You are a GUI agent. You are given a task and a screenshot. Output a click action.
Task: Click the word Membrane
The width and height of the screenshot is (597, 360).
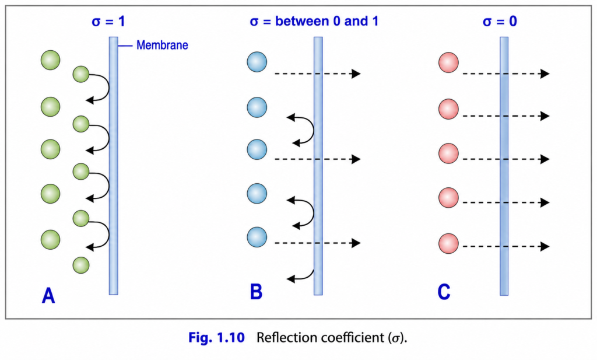point(162,45)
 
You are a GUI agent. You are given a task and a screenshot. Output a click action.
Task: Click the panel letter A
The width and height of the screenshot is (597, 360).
point(48,296)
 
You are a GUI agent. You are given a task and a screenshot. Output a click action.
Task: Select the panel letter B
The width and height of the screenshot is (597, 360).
point(256,292)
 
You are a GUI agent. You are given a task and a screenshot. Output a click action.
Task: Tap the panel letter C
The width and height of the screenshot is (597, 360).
point(444,292)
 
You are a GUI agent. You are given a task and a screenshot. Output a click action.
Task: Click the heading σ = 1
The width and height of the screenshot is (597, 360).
point(108,22)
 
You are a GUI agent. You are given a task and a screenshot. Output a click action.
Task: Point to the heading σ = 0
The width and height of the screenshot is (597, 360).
point(500,22)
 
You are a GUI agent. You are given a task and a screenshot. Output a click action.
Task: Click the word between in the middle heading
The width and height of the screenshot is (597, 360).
point(303,21)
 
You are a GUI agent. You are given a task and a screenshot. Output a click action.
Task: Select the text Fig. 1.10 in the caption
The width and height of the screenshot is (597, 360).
point(216,337)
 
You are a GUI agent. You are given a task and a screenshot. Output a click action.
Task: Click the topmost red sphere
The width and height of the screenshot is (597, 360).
point(448,62)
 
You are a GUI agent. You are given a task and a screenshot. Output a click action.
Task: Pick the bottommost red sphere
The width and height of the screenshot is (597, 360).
point(448,243)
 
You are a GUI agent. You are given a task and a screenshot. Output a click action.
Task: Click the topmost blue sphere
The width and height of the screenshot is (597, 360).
point(257,62)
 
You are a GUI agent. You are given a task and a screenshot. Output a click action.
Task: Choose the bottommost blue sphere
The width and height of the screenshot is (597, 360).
point(257,237)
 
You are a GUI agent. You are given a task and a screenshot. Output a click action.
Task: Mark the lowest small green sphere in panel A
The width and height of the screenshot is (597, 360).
point(80,265)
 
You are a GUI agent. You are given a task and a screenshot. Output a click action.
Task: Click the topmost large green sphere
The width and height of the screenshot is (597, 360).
point(51,60)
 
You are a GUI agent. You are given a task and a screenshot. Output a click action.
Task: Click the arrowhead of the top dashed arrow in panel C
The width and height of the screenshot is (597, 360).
point(545,74)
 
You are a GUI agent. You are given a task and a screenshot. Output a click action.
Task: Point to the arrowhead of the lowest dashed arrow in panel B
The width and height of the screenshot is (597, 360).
point(356,243)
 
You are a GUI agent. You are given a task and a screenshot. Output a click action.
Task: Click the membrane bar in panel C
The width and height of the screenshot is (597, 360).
point(504,166)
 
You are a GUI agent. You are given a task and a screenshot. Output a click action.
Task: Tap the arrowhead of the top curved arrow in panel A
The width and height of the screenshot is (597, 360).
point(90,100)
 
